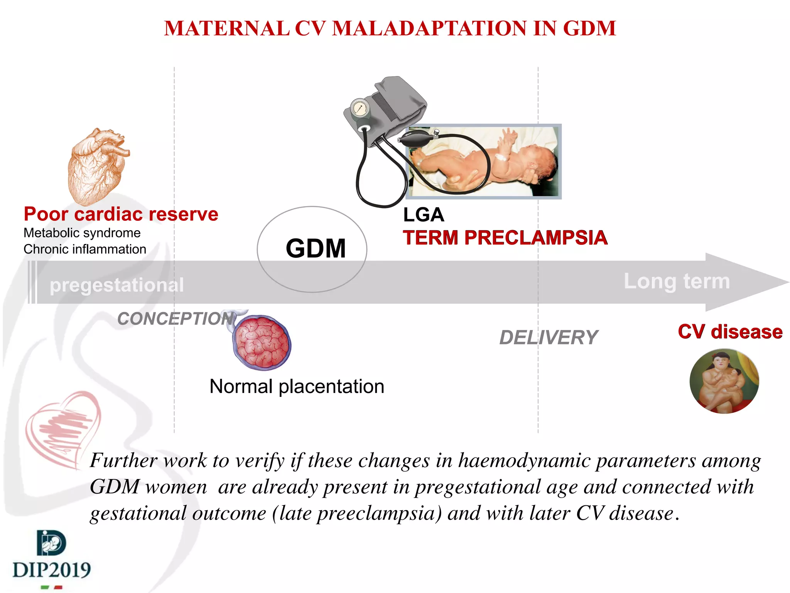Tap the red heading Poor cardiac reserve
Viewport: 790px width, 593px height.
(x=121, y=214)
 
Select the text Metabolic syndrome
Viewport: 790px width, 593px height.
(x=82, y=233)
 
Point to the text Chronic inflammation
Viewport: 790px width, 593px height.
(x=85, y=249)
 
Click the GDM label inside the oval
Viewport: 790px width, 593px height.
(x=316, y=248)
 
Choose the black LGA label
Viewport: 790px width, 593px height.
(x=423, y=215)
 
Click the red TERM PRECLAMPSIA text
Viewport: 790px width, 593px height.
(x=505, y=238)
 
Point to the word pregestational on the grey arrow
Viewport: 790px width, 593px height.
(x=117, y=285)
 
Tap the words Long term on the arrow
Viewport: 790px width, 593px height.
(x=677, y=281)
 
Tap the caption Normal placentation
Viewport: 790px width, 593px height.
(x=297, y=386)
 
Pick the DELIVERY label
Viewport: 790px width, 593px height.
(x=548, y=338)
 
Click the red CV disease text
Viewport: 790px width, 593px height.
(x=730, y=332)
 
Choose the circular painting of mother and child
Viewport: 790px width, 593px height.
(x=724, y=381)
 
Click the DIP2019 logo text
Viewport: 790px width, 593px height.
(x=52, y=570)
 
